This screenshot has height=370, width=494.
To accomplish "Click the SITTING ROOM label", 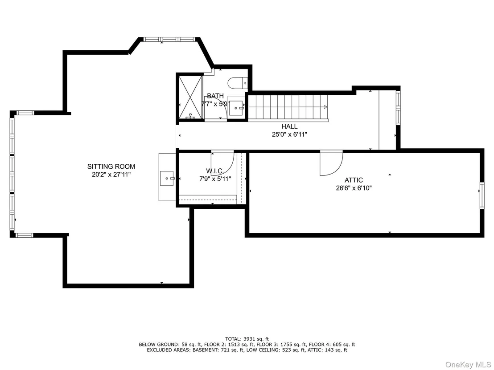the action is (x=111, y=167).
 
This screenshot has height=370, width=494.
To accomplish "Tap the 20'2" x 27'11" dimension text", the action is (x=111, y=175).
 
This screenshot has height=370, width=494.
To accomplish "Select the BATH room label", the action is (x=215, y=96).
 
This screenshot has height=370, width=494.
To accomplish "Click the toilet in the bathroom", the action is (x=238, y=82).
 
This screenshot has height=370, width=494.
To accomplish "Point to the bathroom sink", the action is (x=236, y=108).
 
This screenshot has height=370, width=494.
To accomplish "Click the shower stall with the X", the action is (x=190, y=97).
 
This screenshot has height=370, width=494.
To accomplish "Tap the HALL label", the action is (x=289, y=126).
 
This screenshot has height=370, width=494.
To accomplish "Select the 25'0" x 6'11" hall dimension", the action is (x=289, y=134).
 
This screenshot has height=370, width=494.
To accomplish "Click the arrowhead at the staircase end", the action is (x=325, y=107).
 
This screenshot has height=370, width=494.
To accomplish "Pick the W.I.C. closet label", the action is (x=215, y=171).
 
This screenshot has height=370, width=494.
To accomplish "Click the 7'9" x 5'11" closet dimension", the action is (x=215, y=179).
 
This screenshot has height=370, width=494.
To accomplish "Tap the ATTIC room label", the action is (x=354, y=180).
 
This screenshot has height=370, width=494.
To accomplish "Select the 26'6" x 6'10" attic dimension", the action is (x=354, y=188).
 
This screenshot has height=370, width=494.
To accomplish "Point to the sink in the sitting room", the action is (x=167, y=179).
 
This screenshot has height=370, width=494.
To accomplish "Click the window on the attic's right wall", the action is (x=482, y=195).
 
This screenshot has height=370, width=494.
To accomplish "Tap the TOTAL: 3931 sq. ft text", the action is (x=247, y=339).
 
